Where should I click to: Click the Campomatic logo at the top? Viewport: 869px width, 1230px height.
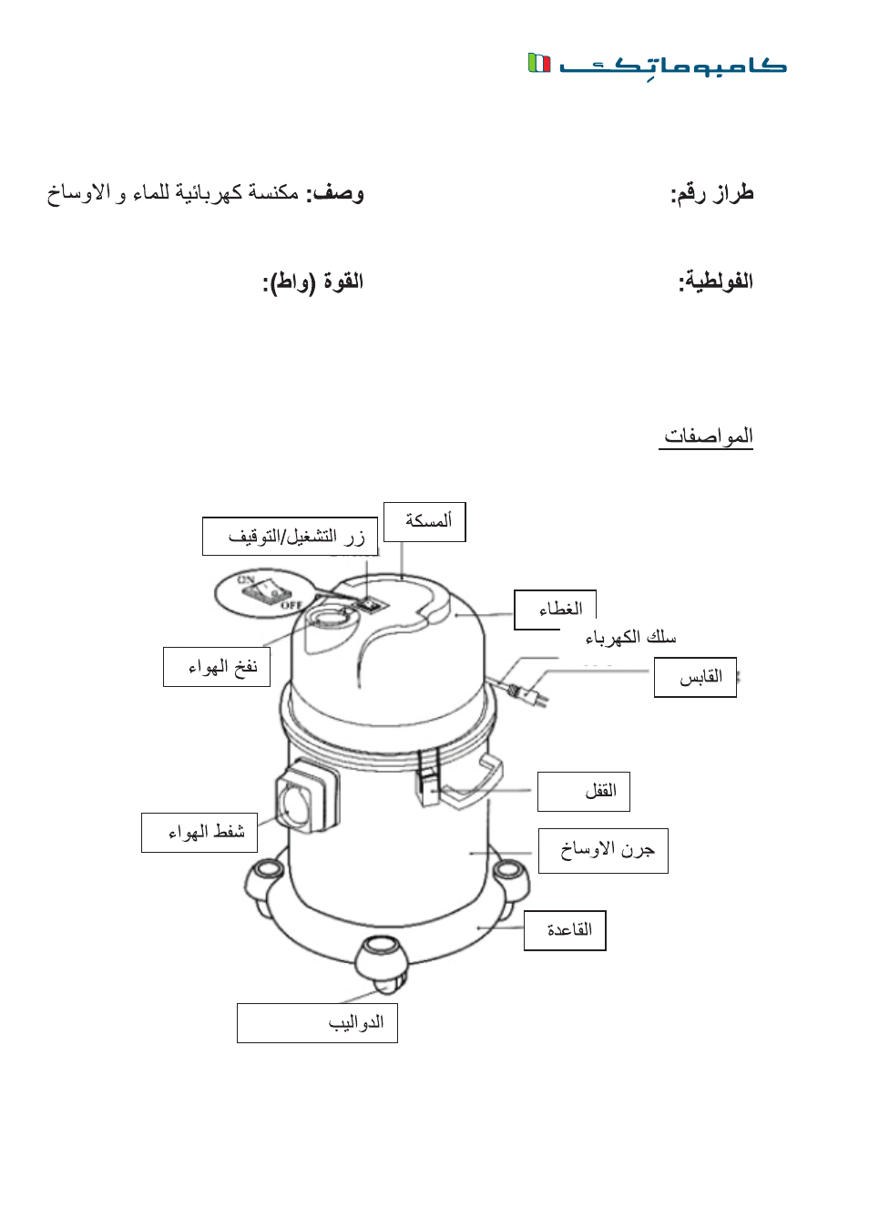(x=657, y=64)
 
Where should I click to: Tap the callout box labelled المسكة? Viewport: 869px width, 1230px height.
(x=424, y=521)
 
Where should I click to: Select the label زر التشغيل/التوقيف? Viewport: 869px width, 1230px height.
(x=290, y=537)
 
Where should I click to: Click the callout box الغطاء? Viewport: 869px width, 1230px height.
(x=555, y=610)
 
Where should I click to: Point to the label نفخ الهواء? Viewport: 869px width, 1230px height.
(x=217, y=667)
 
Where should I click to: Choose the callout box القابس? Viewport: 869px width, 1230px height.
(x=695, y=677)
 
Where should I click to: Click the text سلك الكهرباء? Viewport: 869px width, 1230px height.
(x=630, y=637)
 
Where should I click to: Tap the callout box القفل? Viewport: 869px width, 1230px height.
(x=583, y=791)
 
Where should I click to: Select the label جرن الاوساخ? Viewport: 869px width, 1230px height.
(x=603, y=850)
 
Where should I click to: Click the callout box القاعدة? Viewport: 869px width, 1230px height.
(x=565, y=930)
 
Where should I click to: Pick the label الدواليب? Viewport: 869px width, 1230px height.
(x=317, y=1022)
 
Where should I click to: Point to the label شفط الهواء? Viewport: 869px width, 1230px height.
(x=199, y=832)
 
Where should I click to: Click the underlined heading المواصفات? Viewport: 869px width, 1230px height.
(x=707, y=436)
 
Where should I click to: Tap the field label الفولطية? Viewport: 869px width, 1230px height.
(x=715, y=282)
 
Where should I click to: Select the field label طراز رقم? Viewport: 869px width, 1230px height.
(x=711, y=193)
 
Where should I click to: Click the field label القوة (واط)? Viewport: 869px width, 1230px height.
(x=313, y=282)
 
